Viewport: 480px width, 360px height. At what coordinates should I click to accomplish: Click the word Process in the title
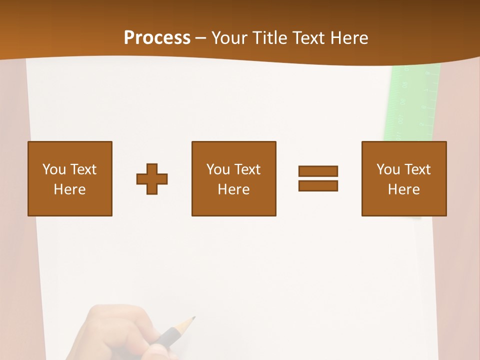(157, 38)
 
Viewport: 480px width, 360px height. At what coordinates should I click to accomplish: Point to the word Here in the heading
(349, 38)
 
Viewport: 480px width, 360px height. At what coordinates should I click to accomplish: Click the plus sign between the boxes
(152, 179)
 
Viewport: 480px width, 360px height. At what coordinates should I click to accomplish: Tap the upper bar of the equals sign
(318, 171)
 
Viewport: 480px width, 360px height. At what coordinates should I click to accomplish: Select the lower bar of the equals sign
(318, 185)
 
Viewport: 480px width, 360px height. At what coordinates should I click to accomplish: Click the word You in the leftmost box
(54, 169)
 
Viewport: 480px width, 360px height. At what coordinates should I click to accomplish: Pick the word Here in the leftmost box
(70, 189)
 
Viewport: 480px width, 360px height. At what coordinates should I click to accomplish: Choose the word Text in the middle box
(247, 169)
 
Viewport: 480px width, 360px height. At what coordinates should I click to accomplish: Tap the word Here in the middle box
(234, 189)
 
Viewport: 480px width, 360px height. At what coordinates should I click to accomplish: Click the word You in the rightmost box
(388, 169)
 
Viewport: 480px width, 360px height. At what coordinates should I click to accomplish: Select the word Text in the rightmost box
(417, 169)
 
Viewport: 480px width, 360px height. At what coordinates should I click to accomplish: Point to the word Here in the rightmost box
(404, 189)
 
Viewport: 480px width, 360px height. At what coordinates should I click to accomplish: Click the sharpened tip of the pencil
(193, 318)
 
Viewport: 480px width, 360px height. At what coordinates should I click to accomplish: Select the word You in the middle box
(218, 169)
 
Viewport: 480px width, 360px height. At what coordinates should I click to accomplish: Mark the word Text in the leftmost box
(83, 169)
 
